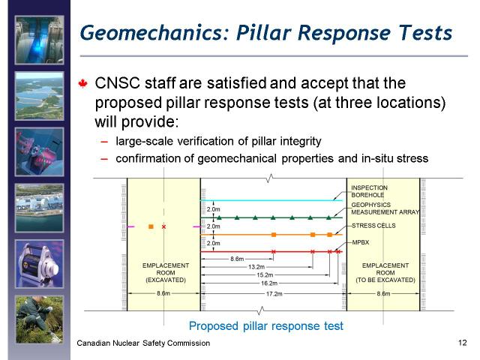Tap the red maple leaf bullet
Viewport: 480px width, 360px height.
pyautogui.click(x=83, y=83)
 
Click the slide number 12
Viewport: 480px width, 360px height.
pyautogui.click(x=463, y=343)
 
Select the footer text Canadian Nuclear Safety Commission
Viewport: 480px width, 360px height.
pyautogui.click(x=143, y=343)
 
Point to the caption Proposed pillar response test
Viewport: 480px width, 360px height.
pyautogui.click(x=266, y=326)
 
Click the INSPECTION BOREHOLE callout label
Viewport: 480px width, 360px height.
pyautogui.click(x=369, y=191)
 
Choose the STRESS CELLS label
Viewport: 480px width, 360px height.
pyautogui.click(x=373, y=226)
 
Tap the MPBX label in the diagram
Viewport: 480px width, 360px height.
pyautogui.click(x=360, y=242)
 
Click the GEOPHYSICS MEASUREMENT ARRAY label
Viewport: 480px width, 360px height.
pyautogui.click(x=385, y=208)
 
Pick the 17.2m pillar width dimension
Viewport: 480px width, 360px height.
pyautogui.click(x=274, y=294)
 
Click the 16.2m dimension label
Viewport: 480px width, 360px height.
pyautogui.click(x=269, y=283)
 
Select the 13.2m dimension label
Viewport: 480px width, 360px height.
pyautogui.click(x=256, y=267)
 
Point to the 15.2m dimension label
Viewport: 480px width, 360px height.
pyautogui.click(x=265, y=275)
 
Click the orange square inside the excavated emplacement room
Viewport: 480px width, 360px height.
pyautogui.click(x=151, y=226)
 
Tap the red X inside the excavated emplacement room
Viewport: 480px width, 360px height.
pyautogui.click(x=163, y=226)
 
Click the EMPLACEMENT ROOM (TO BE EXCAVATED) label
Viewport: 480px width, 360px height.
pyautogui.click(x=385, y=273)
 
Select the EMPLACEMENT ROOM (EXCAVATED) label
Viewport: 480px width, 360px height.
pyautogui.click(x=166, y=273)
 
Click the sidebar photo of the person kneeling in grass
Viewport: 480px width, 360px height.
pyautogui.click(x=40, y=319)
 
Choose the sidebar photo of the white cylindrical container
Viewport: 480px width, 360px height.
pyautogui.click(x=40, y=264)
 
